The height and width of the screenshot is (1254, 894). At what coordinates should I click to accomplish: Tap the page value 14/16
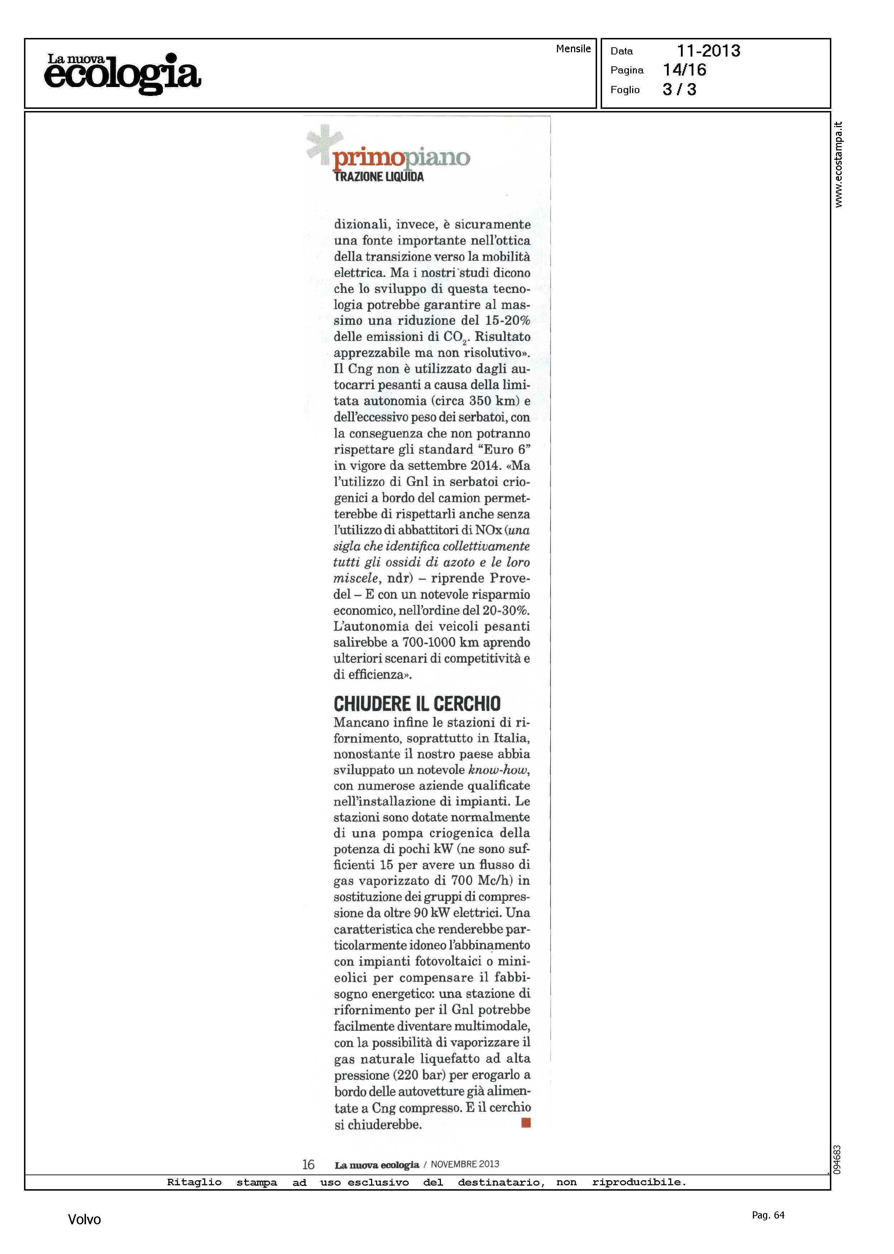click(x=684, y=70)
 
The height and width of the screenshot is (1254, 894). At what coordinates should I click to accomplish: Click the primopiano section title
click(x=401, y=158)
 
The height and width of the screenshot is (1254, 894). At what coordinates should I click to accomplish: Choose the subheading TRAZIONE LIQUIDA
click(x=379, y=177)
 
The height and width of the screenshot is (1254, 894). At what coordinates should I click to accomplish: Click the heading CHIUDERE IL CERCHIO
click(x=417, y=704)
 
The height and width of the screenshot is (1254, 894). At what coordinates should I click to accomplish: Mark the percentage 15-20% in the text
click(x=508, y=320)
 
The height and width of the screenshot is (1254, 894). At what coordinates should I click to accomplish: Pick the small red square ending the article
click(x=526, y=1123)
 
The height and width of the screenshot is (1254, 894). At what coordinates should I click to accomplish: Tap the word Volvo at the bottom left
click(x=84, y=1219)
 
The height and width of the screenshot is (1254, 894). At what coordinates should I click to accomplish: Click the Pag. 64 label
click(x=768, y=1215)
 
